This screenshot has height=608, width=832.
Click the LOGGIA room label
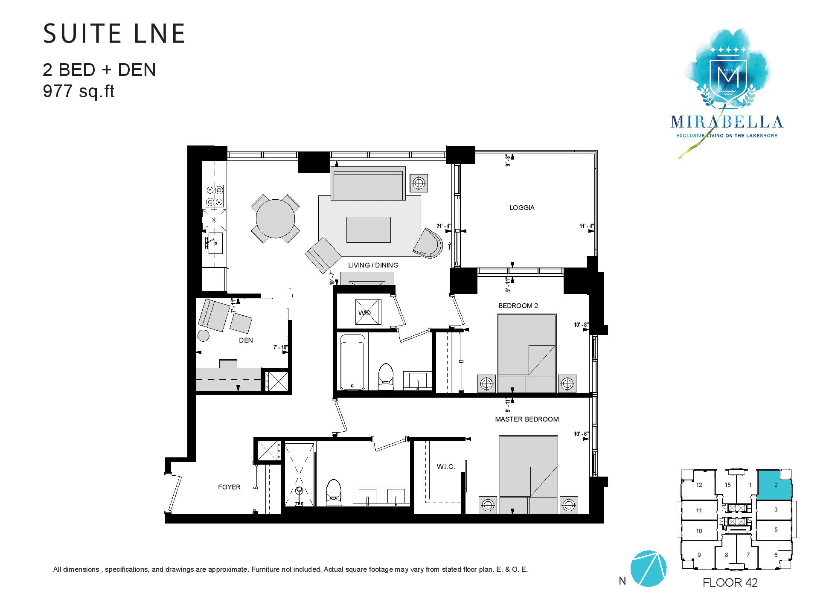coord(521,208)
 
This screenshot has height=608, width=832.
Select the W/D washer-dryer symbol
coord(367,312)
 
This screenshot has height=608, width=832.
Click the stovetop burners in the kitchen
coord(214,195)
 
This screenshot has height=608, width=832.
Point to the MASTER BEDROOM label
coord(527,419)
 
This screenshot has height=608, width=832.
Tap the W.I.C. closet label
coord(446,467)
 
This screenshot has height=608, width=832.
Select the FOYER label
coord(229,487)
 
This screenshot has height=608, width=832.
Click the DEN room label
coord(246,340)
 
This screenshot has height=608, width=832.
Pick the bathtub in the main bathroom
coord(352,362)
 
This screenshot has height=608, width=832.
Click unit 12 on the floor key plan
coord(698,485)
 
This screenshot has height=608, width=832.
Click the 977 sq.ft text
coord(79,91)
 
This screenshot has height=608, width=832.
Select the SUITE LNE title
coord(114,34)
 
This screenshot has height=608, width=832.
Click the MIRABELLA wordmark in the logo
coord(727,122)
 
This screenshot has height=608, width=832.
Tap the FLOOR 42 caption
coord(730,582)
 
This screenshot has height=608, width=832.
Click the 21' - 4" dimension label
coord(443,226)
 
